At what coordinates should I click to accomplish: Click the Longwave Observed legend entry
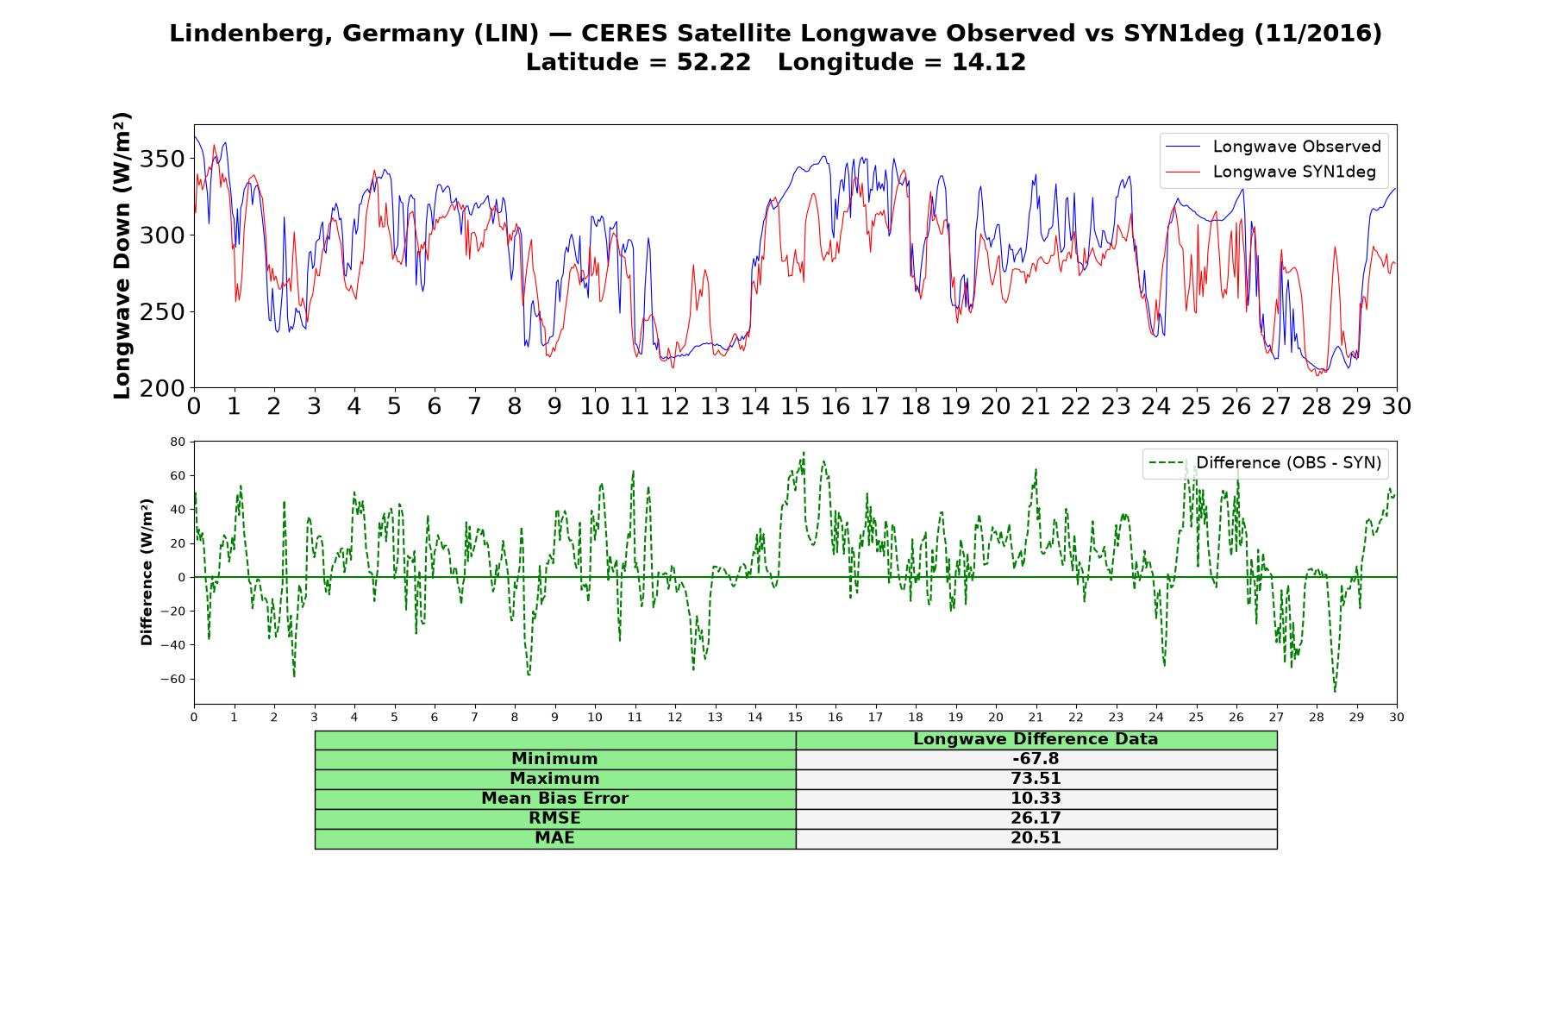point(1273,147)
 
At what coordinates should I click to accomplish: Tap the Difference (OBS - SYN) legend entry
point(1265,463)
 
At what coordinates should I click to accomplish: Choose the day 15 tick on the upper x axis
point(795,405)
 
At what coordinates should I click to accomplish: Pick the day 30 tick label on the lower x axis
point(1397,717)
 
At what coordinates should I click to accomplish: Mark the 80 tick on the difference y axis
point(178,442)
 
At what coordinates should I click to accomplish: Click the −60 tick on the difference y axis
point(173,679)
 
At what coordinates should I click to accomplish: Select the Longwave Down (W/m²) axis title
point(122,255)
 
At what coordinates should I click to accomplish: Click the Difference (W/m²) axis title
point(147,572)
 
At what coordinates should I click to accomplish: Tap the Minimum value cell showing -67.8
point(1036,759)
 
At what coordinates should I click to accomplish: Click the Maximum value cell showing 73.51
point(1036,779)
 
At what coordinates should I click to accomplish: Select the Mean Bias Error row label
point(555,799)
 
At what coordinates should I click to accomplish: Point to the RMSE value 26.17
point(1036,819)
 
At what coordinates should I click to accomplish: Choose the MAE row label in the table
point(555,838)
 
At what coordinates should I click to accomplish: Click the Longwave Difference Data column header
point(1036,739)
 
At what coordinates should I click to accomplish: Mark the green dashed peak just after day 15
point(804,452)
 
